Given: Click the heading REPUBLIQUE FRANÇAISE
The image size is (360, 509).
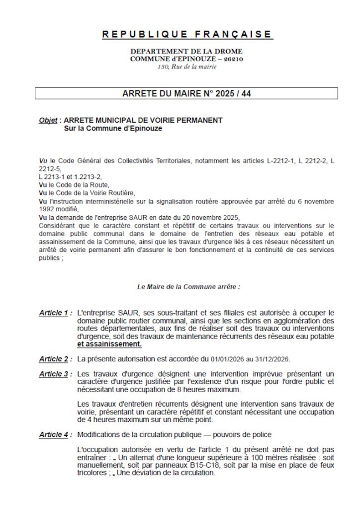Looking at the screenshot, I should pos(187,34).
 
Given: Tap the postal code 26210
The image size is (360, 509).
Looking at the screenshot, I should pos(233,59).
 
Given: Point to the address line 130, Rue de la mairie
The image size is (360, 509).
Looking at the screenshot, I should pos(187,67).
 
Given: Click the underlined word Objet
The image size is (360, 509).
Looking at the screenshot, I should pos(48,121).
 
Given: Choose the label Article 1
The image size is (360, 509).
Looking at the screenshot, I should pos(53,313).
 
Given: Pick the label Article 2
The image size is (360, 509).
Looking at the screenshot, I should pos(53,359).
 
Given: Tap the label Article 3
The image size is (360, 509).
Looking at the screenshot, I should pos(53,374).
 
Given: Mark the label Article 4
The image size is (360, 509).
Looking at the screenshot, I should pos(53,435).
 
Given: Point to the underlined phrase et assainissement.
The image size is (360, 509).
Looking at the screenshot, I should pos(109,344).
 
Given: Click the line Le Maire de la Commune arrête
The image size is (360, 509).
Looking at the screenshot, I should pos(188,287).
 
